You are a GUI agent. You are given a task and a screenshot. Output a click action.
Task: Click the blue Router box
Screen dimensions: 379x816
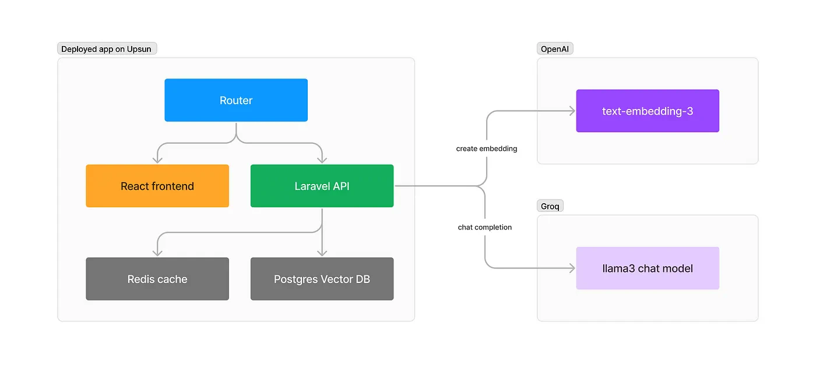(x=236, y=100)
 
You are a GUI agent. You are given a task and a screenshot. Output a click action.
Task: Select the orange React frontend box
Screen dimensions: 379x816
(x=157, y=186)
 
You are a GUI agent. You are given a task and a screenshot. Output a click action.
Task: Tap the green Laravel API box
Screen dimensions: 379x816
(x=322, y=186)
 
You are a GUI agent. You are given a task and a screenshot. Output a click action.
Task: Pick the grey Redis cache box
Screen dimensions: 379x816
(x=157, y=279)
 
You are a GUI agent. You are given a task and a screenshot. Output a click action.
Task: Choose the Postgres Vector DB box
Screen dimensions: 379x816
(x=322, y=279)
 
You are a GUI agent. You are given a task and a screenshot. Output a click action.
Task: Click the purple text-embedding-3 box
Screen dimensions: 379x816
(x=648, y=111)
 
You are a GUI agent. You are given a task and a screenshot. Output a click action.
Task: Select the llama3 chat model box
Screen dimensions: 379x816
(x=648, y=268)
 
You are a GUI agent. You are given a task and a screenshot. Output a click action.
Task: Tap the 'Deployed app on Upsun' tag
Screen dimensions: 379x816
(x=107, y=49)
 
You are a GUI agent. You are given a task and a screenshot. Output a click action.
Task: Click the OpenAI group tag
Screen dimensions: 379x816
(x=555, y=49)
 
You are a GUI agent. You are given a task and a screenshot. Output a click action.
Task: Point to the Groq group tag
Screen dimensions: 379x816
(x=550, y=206)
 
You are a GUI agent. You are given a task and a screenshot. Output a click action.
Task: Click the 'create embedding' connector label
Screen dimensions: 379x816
(x=487, y=148)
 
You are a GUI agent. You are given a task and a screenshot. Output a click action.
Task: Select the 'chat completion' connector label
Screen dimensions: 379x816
(x=485, y=227)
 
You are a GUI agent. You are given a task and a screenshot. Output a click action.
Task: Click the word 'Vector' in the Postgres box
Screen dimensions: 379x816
(x=338, y=279)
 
